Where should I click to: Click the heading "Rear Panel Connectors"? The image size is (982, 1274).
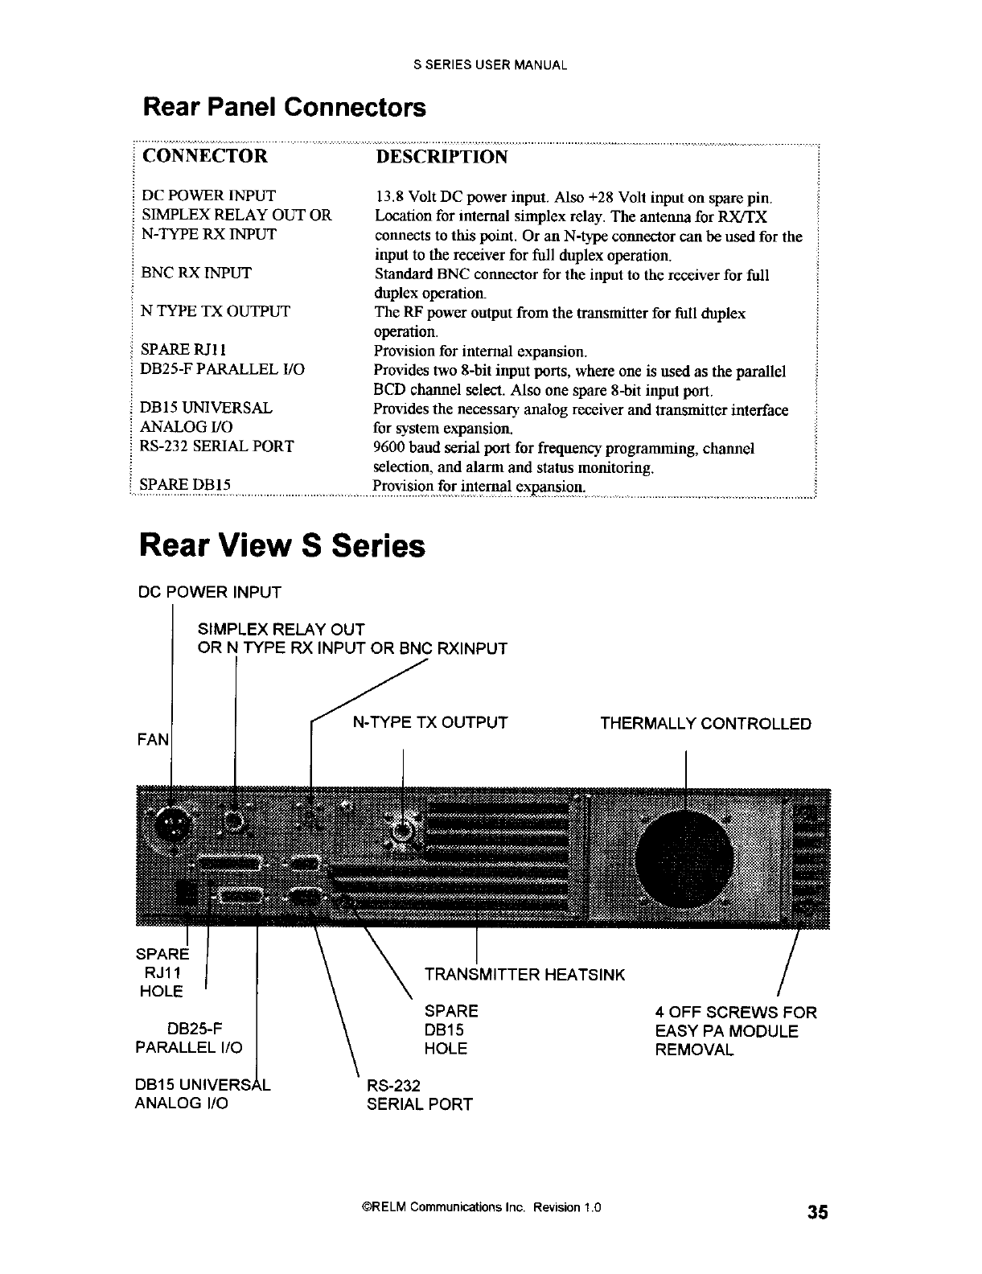coord(283,107)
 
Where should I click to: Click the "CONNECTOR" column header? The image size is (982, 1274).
coord(204,155)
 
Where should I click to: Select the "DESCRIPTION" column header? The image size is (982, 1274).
coord(442,156)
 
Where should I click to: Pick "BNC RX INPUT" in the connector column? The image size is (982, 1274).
coord(196,273)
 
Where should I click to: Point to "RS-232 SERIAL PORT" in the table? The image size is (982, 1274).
coord(217,446)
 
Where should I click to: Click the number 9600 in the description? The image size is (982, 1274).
coord(391,448)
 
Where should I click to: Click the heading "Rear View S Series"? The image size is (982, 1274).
coord(281,545)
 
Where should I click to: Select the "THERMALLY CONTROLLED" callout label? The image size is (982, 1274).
coord(705,723)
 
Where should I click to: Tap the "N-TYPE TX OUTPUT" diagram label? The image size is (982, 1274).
coord(430,722)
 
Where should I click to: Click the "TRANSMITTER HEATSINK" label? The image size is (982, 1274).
coord(524,975)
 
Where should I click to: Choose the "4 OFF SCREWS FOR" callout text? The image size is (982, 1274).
coord(736,1012)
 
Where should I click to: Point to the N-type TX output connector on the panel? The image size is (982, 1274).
coord(402,830)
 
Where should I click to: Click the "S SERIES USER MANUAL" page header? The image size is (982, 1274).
coord(491,65)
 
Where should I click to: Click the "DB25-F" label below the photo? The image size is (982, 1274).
coord(193,1029)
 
